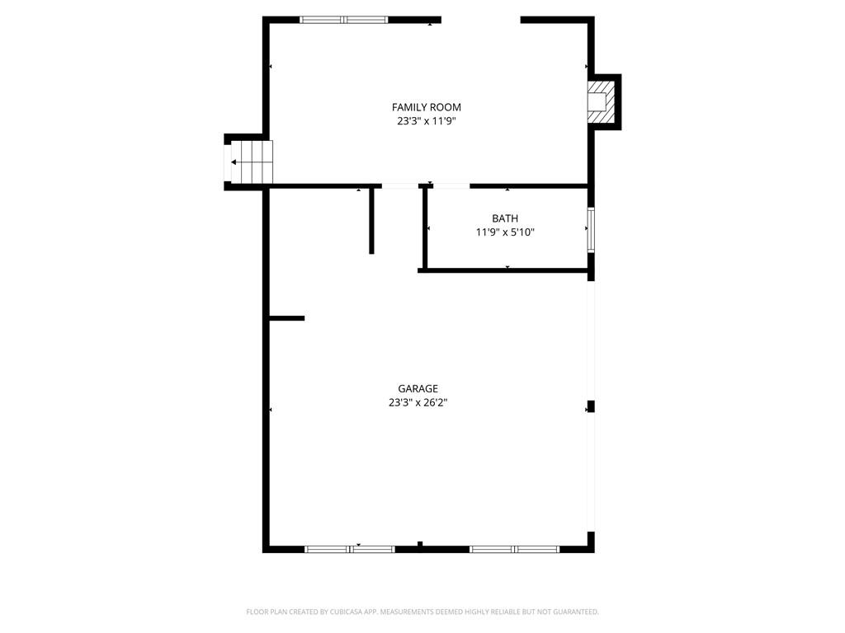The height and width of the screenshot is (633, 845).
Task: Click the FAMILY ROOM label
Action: coord(426,107)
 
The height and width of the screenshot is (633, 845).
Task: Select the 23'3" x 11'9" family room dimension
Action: coord(426,121)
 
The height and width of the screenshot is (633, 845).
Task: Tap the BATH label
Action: coord(505,218)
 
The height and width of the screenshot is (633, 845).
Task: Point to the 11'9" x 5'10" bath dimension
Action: coord(505,232)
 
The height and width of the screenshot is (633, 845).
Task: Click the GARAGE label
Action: coord(418,389)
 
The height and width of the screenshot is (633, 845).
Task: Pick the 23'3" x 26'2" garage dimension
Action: coord(418,403)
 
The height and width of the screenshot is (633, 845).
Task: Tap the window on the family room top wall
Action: coord(343,20)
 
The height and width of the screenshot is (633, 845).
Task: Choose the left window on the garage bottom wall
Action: coord(350,548)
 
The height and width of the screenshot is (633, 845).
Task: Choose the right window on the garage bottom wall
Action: coord(514,548)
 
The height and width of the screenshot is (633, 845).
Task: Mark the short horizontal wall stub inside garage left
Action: coord(287,318)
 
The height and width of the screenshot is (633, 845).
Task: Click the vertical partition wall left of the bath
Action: coord(372,220)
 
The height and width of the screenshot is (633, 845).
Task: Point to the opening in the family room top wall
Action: coord(480,20)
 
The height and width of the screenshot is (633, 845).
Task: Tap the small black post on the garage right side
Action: coord(590,406)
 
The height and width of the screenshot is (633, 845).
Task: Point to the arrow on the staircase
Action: coord(236,162)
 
